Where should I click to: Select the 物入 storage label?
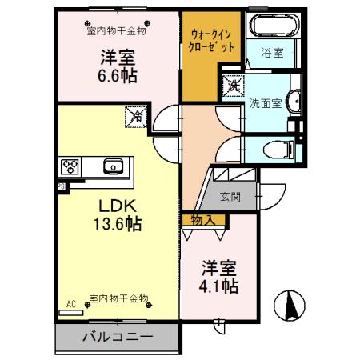point(201,219)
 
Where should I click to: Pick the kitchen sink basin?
point(112,167)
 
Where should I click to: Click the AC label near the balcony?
point(70,303)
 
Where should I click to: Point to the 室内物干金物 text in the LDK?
point(119,299)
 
